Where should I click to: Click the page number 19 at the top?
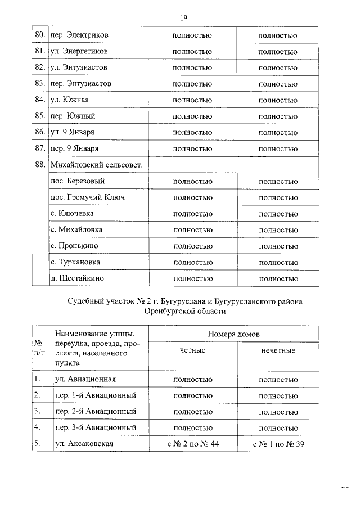(x=183, y=18)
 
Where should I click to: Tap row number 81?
(x=39, y=51)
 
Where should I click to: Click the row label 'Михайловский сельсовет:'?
(x=96, y=165)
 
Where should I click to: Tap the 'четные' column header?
(x=192, y=350)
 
